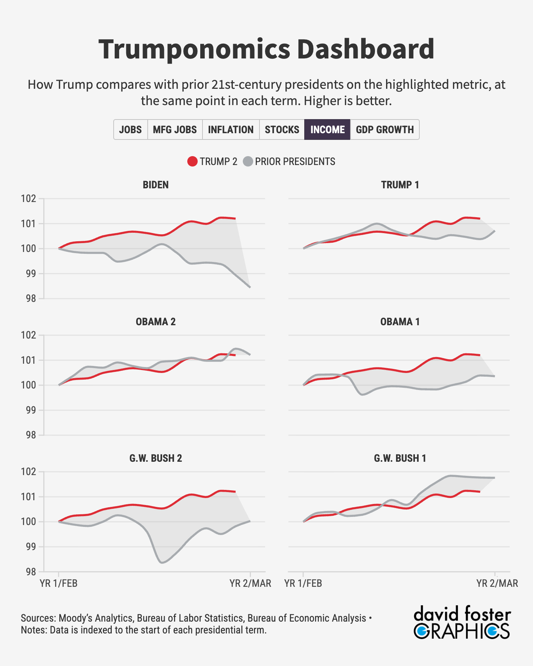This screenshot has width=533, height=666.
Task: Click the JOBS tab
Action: [130, 129]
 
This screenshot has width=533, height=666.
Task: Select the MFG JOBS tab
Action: [175, 129]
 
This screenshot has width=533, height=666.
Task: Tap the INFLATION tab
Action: [231, 129]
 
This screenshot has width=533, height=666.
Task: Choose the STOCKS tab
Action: [282, 129]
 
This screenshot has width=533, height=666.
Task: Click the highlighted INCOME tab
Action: [327, 129]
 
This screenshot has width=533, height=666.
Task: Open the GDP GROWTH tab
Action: [385, 129]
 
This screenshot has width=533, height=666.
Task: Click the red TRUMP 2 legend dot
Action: [192, 162]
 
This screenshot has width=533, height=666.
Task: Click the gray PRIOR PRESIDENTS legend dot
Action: [248, 162]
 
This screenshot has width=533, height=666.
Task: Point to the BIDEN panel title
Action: [155, 185]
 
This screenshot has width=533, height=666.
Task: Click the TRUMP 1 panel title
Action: [400, 185]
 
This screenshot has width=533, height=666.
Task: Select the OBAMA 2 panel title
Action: [155, 322]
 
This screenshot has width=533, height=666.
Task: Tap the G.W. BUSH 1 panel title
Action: [400, 458]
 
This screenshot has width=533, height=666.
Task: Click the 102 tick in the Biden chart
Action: [29, 199]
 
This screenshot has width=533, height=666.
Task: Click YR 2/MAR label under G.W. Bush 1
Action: [497, 583]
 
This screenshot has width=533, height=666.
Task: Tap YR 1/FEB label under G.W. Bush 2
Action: [58, 583]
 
